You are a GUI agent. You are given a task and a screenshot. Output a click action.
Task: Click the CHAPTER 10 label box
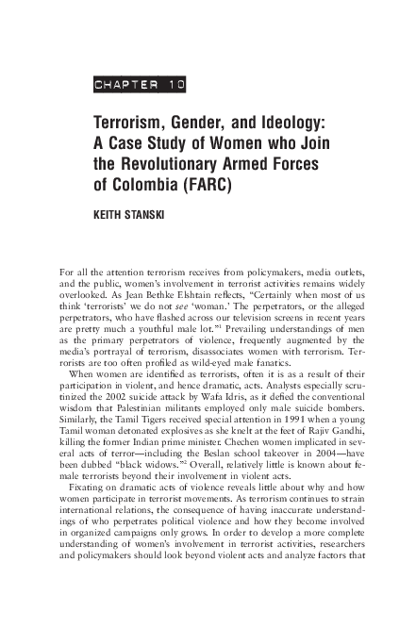tap(140, 84)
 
